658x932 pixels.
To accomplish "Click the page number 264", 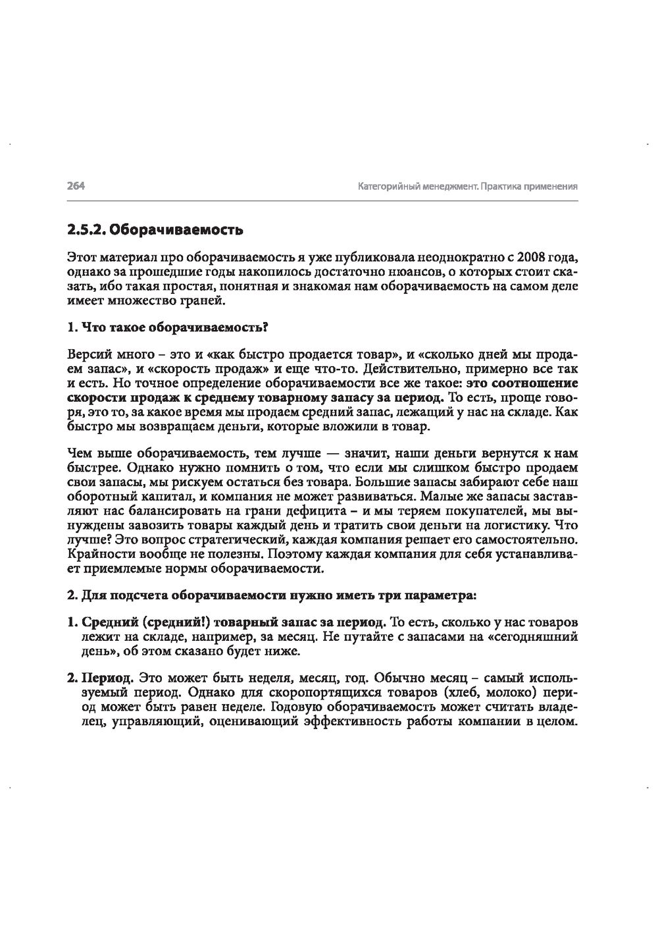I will pyautogui.click(x=76, y=186).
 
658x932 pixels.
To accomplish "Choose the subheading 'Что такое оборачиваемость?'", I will pyautogui.click(x=176, y=327).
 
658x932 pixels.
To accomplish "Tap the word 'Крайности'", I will pyautogui.click(x=96, y=554).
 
